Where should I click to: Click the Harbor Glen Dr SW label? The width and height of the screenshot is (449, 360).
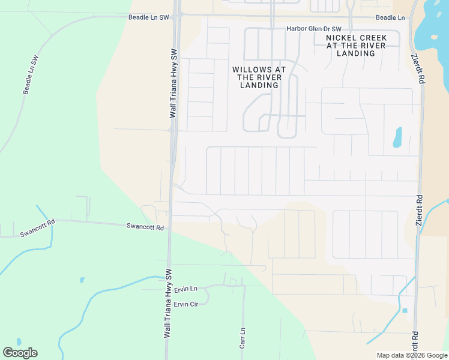coord(314,29)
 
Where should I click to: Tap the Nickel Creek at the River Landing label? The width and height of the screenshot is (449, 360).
coord(357,46)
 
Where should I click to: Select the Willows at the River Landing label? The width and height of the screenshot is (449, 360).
coord(259,77)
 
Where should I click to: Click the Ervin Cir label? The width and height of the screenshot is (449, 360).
coord(186,304)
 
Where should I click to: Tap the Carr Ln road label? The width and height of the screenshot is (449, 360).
coord(243,338)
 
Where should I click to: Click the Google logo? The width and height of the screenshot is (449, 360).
coord(20,353)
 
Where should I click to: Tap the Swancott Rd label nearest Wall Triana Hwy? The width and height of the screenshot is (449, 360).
coord(145,227)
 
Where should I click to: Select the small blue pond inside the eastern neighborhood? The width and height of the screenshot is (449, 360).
coord(397,137)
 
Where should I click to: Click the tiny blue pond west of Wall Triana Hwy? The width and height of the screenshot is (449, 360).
coord(82,280)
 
